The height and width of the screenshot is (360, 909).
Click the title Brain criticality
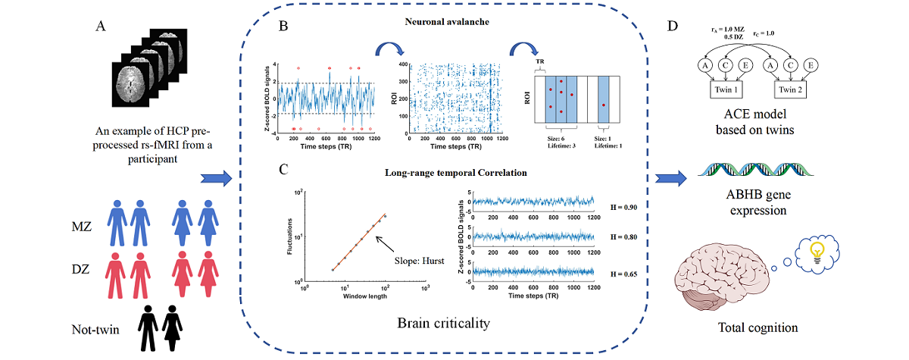click(443, 324)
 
